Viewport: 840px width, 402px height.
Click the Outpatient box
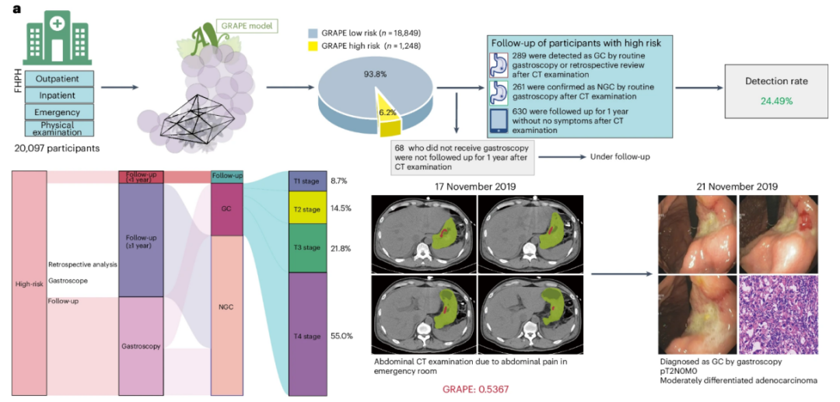click(x=59, y=79)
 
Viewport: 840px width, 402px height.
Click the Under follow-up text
click(x=617, y=157)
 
